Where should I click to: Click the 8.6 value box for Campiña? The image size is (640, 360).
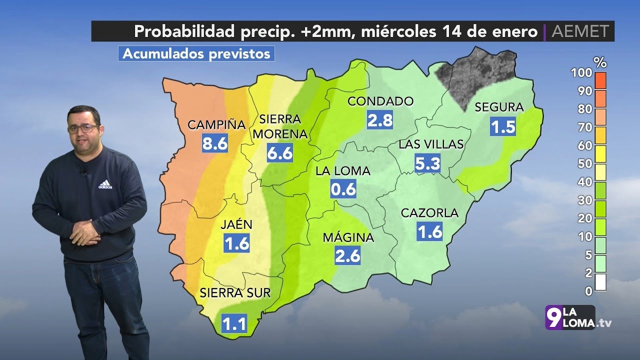coord(215,143)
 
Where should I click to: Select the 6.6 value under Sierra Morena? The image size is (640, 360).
coord(279,153)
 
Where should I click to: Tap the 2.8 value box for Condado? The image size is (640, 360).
coord(380,120)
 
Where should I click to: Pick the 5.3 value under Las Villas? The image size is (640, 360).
coord(427,163)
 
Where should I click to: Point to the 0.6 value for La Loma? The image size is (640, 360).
coord(343,189)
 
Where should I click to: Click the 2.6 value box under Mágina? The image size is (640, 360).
coord(347,255)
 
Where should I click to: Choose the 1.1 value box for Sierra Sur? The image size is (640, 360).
coord(234,324)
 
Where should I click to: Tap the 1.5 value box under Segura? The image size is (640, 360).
coord(502,126)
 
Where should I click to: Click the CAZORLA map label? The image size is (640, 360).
coord(429,213)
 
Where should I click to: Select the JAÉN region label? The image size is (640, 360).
coord(236,225)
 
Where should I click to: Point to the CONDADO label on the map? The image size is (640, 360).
coord(380,101)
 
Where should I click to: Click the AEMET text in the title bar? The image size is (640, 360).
coord(580,31)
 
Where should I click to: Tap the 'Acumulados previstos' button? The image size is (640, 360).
coord(196,53)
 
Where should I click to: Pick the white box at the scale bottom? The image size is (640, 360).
coord(600,282)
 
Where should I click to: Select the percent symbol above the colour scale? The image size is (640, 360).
coord(600,62)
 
